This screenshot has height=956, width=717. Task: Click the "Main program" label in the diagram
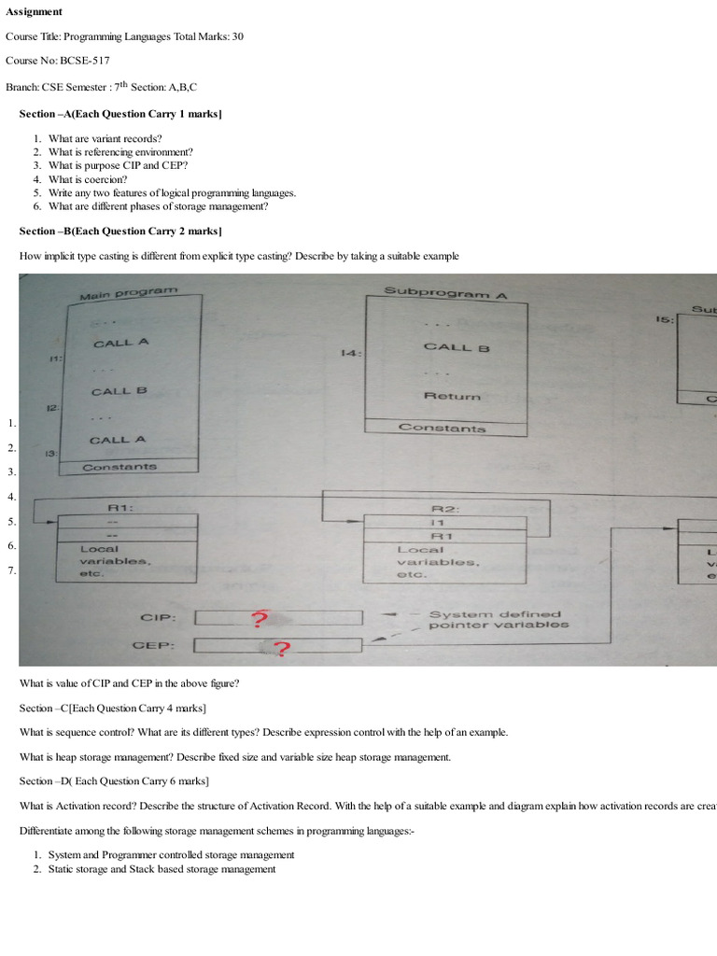(x=128, y=294)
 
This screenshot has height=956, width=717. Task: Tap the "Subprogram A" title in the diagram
(x=445, y=292)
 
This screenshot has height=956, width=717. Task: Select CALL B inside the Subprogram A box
(x=457, y=347)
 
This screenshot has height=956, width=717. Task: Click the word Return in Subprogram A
(x=452, y=396)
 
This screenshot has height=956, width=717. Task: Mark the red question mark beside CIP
(x=260, y=618)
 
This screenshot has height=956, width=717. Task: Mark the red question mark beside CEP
(x=279, y=648)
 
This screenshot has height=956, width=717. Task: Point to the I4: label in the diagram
(x=353, y=354)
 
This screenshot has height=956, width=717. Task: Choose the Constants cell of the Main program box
(x=119, y=467)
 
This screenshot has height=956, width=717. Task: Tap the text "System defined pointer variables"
(x=497, y=620)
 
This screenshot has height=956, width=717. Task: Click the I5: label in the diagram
(x=664, y=319)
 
